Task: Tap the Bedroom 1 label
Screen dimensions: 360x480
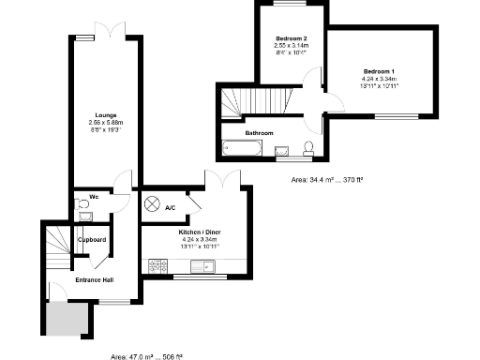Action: coord(380,72)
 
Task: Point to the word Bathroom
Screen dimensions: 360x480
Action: coord(259,133)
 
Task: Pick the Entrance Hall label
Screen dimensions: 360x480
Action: coord(93,280)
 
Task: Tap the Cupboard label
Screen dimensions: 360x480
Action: coord(92,239)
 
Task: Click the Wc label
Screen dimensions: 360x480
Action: coord(95,197)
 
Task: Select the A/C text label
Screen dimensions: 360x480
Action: coord(171,207)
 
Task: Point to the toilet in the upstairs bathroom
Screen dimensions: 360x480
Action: coord(310,147)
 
